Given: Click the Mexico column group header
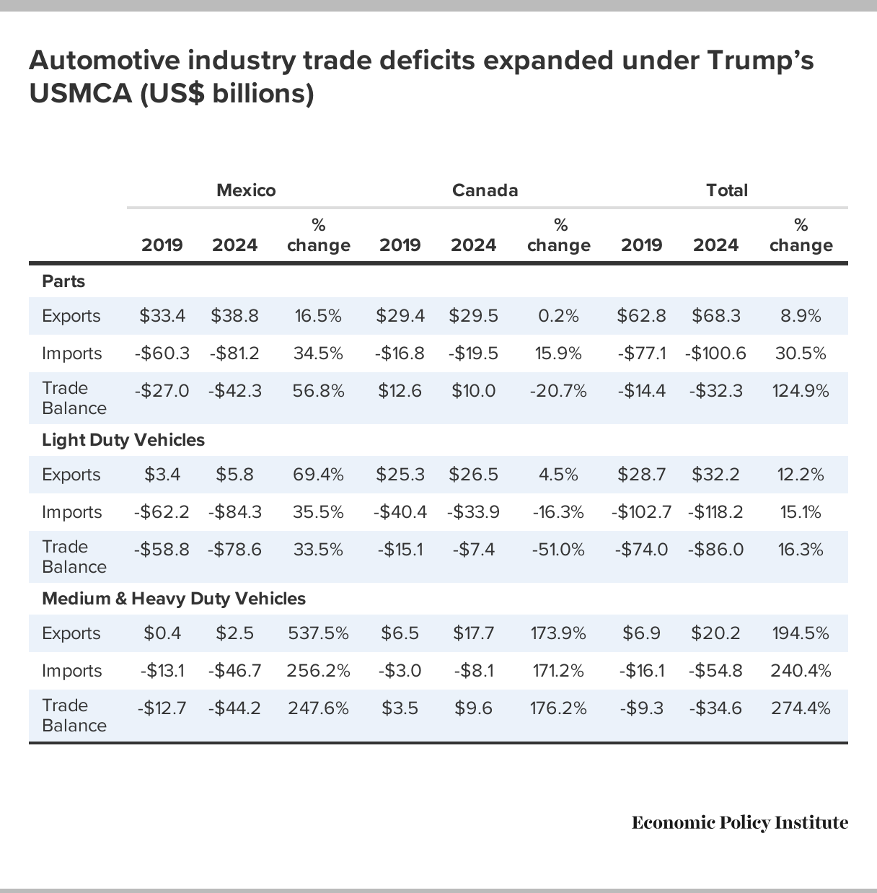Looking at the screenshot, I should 246,190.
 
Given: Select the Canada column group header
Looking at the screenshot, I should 485,190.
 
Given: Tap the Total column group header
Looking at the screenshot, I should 727,190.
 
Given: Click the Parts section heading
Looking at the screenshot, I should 63,281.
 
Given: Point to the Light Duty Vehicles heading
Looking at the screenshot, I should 123,440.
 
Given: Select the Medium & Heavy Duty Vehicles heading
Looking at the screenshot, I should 174,599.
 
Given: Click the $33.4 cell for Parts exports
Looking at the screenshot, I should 162,316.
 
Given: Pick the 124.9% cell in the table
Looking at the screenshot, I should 801,391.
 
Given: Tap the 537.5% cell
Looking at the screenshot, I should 318,633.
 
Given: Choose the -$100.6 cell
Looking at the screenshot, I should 715,353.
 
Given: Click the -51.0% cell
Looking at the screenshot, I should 558,550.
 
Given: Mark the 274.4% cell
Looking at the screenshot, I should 801,708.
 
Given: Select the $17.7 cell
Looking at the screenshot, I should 473,633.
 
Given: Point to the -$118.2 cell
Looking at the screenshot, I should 715,512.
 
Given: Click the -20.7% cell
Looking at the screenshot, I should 558,391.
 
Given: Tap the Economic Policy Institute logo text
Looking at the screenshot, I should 740,823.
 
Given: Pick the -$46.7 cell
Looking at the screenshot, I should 234,671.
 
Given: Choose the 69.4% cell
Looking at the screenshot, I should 318,475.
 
